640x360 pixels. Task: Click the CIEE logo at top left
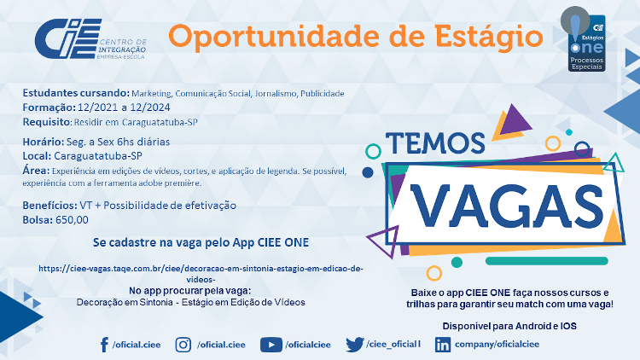coord(90,38)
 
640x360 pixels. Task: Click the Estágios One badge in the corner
coord(584,39)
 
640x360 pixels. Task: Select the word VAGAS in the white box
coord(507,207)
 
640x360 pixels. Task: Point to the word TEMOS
coord(435,142)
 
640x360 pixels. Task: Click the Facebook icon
coord(104,345)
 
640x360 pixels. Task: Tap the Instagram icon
coord(183,345)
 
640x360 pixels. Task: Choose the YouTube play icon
coord(271,345)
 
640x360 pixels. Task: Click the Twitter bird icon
coord(355,345)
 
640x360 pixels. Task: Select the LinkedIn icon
coord(443,345)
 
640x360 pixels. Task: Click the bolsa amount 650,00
coord(72,220)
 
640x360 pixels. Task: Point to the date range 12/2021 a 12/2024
coord(124,107)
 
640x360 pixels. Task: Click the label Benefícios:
coord(49,206)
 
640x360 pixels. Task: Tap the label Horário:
coord(44,142)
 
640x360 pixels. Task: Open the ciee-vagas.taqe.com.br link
coord(201,274)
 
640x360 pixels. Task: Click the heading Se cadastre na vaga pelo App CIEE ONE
coord(201,242)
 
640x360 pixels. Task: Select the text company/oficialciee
coord(497,345)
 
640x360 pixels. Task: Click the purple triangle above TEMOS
coord(515,120)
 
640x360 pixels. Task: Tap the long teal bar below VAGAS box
coord(546,261)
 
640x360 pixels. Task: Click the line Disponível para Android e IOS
coord(509,326)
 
